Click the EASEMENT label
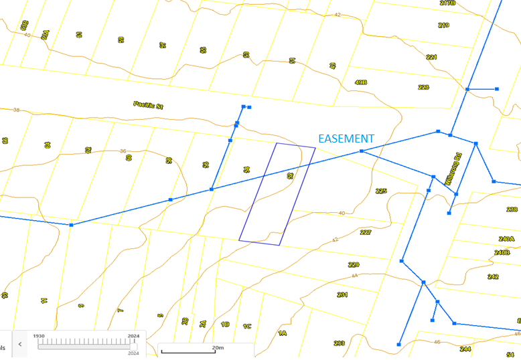[x=346, y=139]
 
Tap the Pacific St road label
[x=148, y=105]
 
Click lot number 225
[x=381, y=191]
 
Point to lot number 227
[x=366, y=232]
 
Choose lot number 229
[x=354, y=265]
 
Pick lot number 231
[x=342, y=294]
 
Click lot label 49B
[x=361, y=82]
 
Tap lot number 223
[x=423, y=88]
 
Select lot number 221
[x=431, y=58]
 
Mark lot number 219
[x=443, y=25]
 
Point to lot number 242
[x=493, y=276]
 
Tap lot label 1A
[x=283, y=333]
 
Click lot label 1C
[x=247, y=326]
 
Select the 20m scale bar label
[x=217, y=348]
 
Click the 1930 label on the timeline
[x=40, y=336]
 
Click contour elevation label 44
[x=355, y=276]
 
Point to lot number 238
[x=512, y=209]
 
